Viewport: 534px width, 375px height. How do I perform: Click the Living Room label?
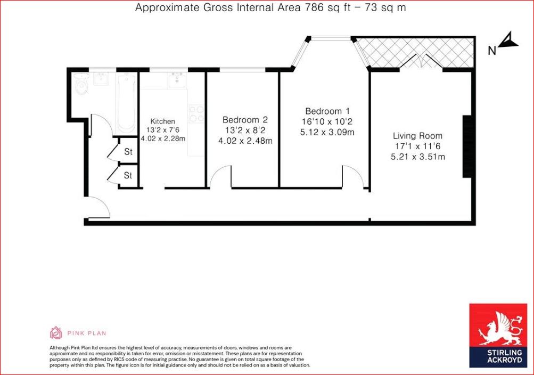pos(417,136)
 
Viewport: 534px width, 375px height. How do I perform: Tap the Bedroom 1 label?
pos(327,111)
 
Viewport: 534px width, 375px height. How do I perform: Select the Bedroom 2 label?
pos(245,120)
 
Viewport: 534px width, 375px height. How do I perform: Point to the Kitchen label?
pos(163,121)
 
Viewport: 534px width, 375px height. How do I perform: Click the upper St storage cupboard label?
pos(128,151)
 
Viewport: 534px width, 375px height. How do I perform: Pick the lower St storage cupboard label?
pos(128,175)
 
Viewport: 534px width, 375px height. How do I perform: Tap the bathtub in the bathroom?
pos(126,103)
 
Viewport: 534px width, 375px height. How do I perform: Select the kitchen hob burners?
pos(196,114)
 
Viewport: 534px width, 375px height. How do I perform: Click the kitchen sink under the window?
pos(177,80)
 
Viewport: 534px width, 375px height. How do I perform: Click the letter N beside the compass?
pos(492,51)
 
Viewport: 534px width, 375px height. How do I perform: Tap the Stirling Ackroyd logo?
pos(498,336)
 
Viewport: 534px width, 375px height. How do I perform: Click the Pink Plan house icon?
pos(56,333)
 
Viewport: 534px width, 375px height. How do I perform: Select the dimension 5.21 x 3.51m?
pos(418,157)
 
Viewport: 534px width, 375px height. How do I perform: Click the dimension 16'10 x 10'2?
pos(327,121)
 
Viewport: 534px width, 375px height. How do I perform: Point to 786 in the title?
pos(314,7)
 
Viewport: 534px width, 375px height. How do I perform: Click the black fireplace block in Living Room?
pos(467,146)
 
